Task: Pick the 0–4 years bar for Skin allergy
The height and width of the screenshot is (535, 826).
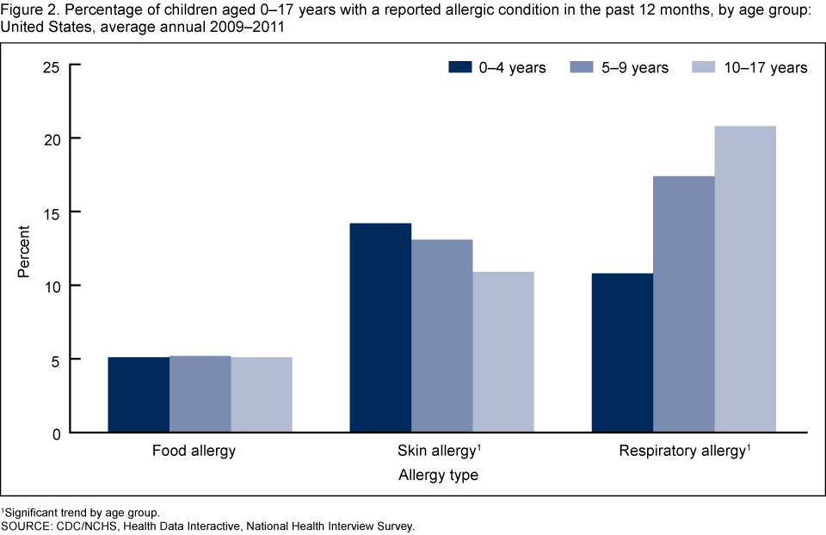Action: [380, 328]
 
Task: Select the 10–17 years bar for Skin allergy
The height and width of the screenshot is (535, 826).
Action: [503, 352]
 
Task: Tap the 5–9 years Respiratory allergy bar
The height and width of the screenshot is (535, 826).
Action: [684, 304]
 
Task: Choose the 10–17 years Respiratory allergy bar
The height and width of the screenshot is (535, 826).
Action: [745, 280]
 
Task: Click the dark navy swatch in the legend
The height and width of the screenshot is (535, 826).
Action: [460, 67]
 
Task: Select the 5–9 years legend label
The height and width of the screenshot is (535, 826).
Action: [633, 68]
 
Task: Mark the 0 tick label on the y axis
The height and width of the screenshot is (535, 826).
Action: [53, 434]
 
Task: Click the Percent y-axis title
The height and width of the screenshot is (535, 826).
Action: [25, 249]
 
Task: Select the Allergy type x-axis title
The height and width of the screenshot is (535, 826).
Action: [438, 474]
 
